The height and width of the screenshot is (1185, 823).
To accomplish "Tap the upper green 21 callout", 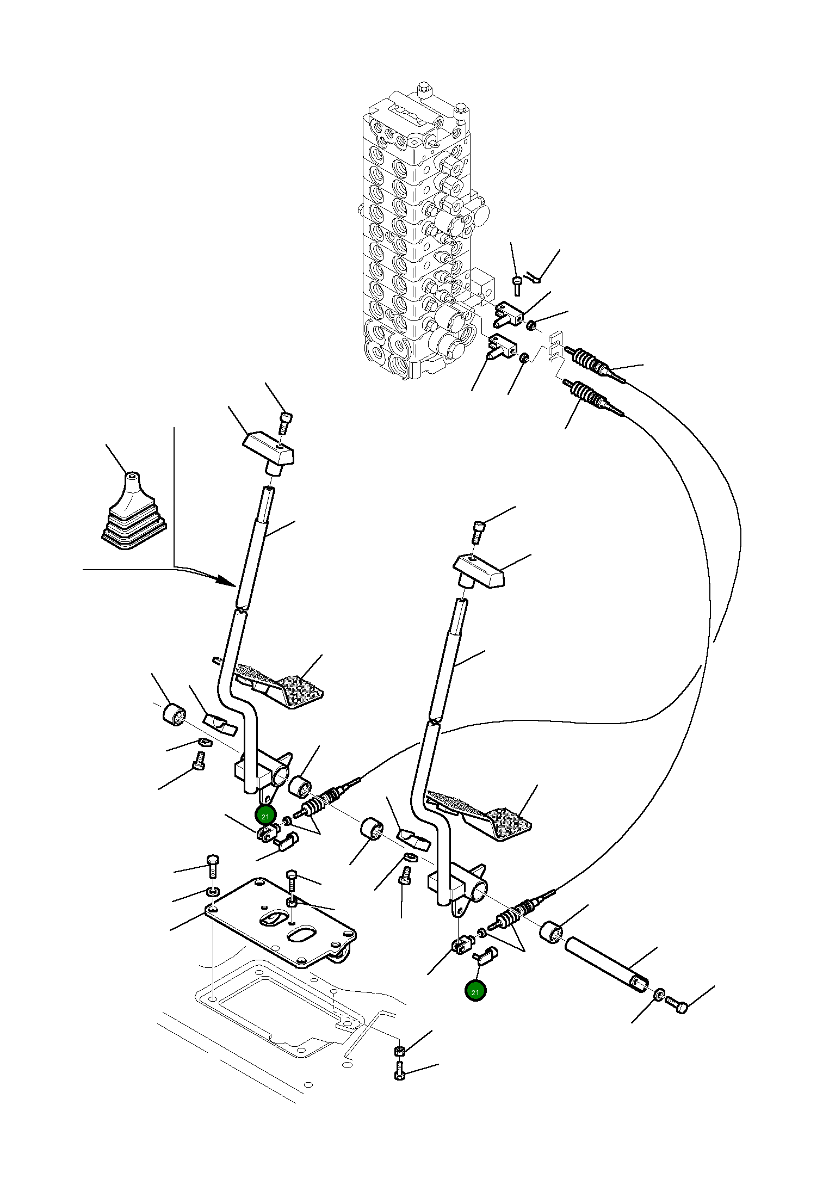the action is click(265, 817).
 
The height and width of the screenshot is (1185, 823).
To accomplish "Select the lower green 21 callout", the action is click(475, 992).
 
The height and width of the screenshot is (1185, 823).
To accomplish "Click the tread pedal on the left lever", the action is click(279, 685).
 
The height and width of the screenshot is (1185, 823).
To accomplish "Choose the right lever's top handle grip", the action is click(479, 571).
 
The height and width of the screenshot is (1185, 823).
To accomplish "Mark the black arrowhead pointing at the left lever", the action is click(226, 580).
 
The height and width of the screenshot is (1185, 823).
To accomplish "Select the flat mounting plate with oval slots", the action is click(281, 922).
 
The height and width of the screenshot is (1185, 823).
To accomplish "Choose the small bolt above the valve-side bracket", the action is click(517, 286).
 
